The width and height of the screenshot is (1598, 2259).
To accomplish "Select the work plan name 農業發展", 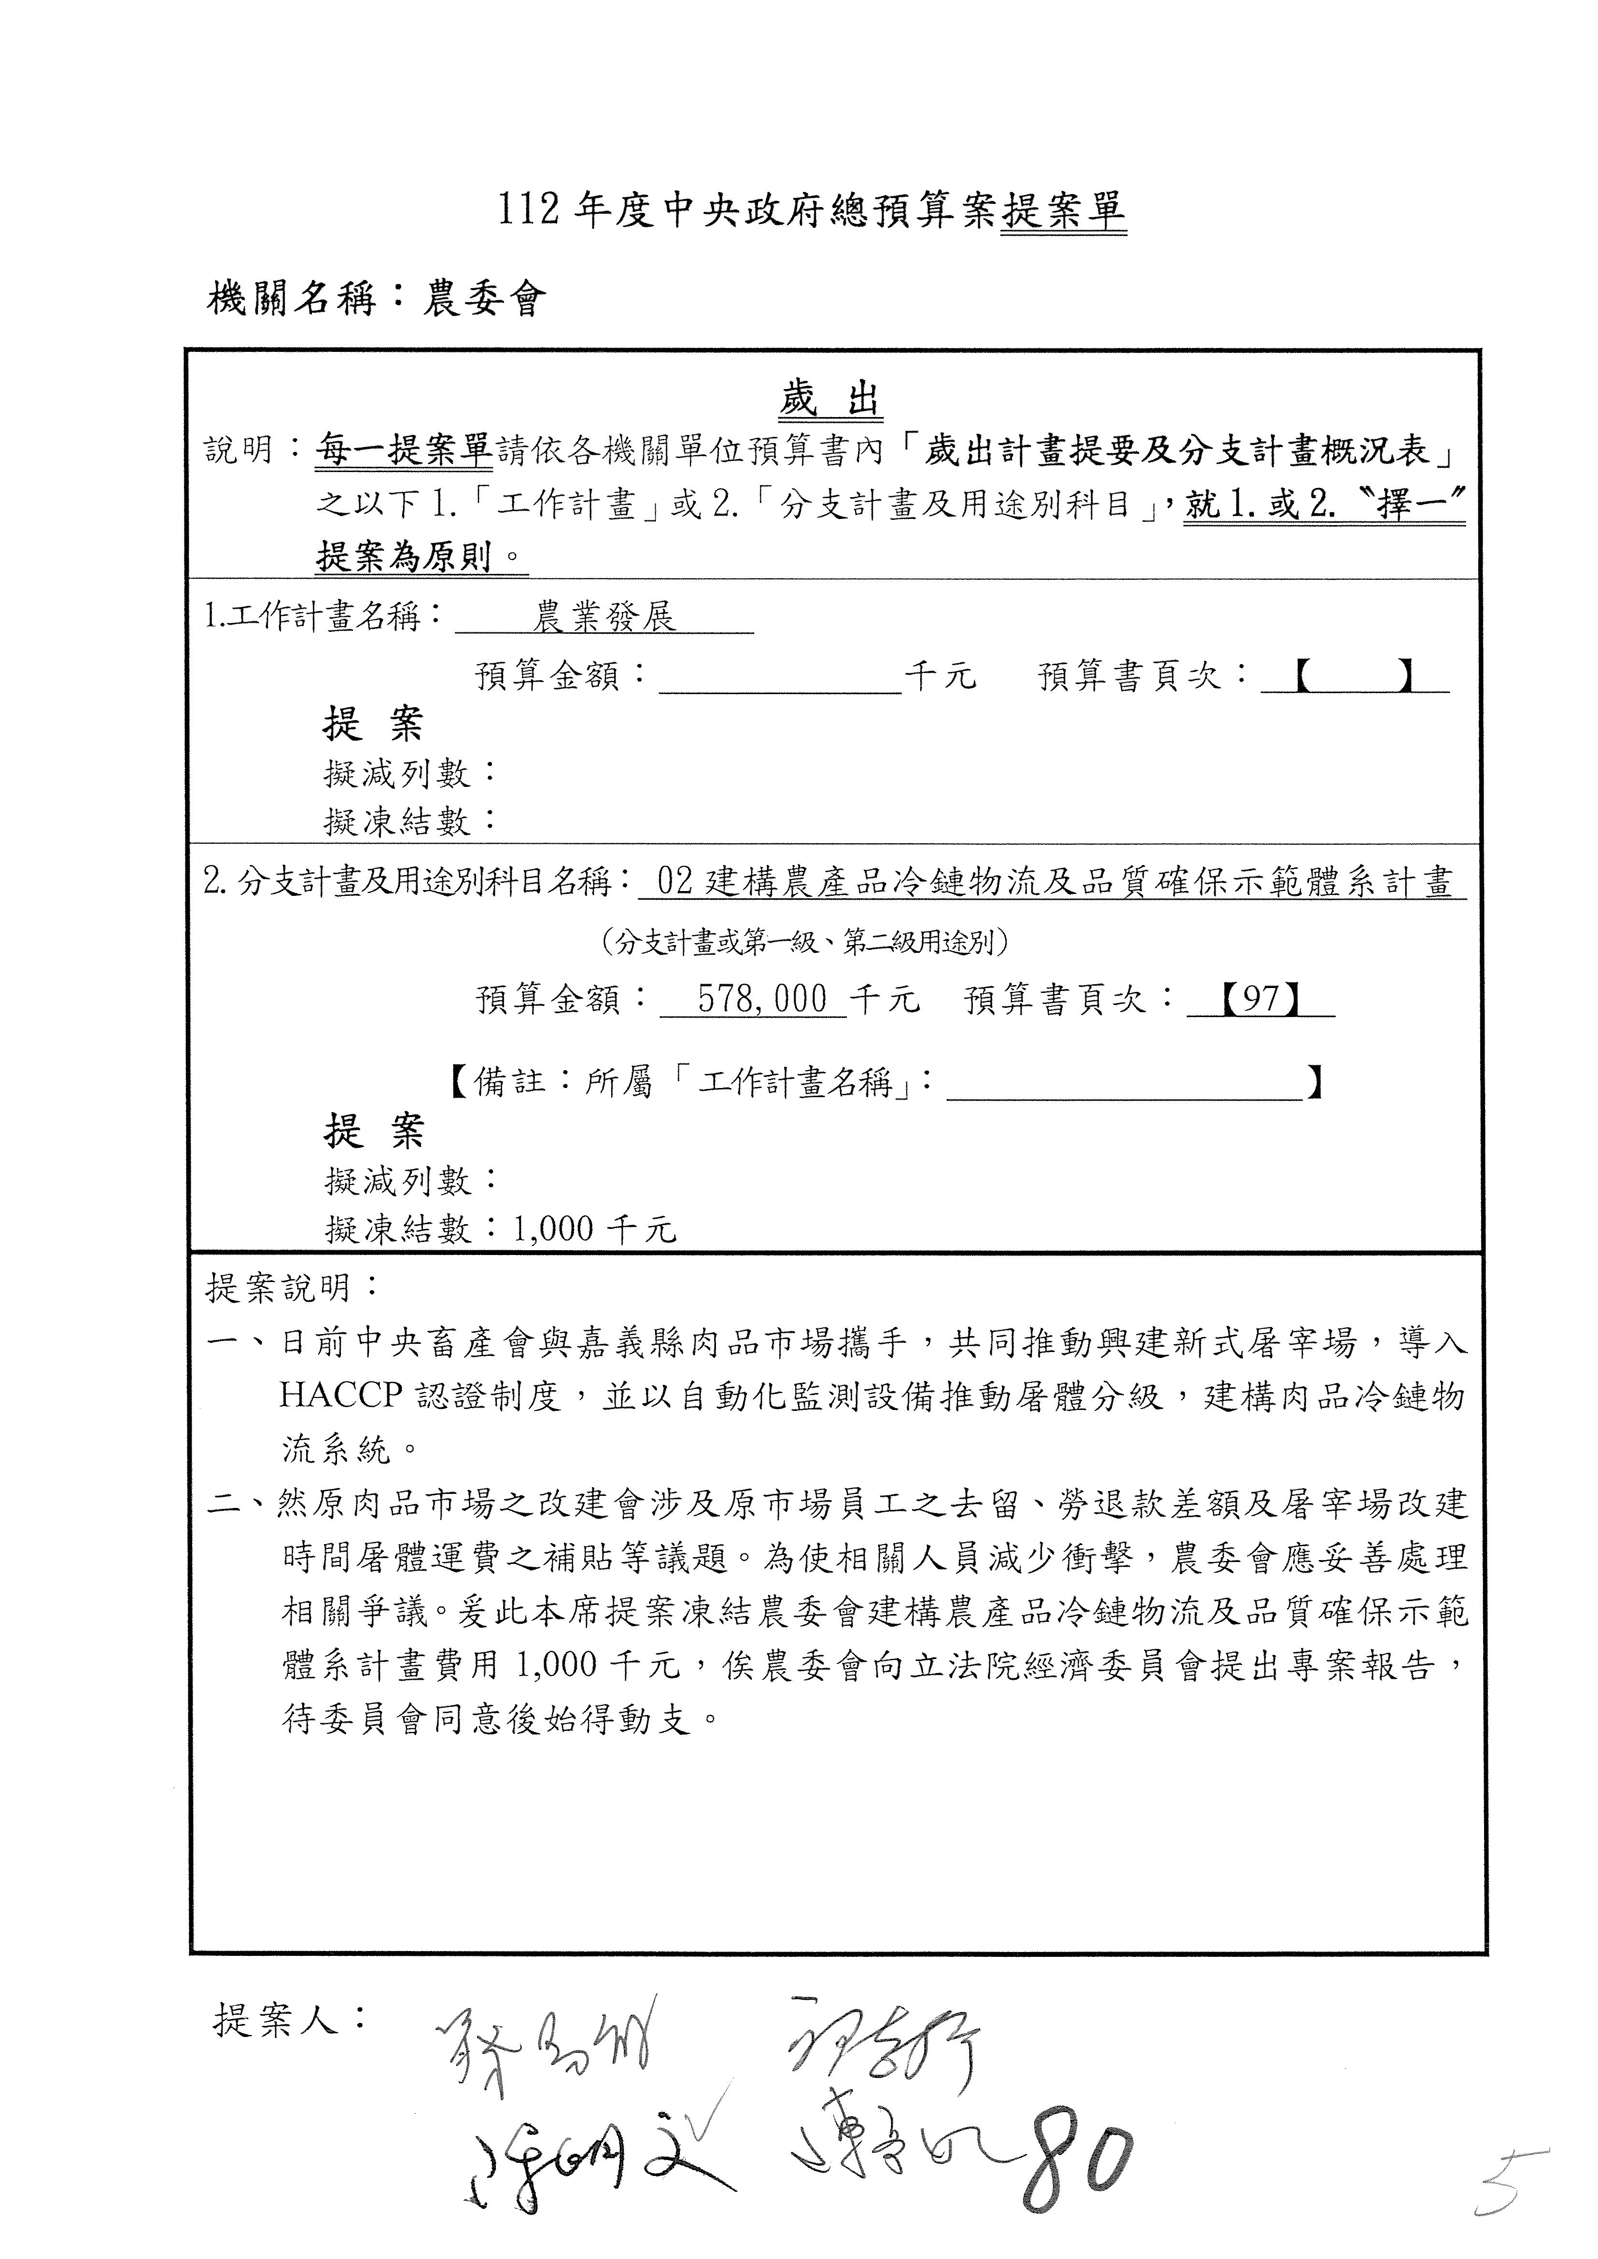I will [604, 618].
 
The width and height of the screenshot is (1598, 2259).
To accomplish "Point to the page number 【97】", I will [1261, 1000].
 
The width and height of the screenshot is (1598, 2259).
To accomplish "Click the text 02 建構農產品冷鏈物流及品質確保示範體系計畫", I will [1053, 882].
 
